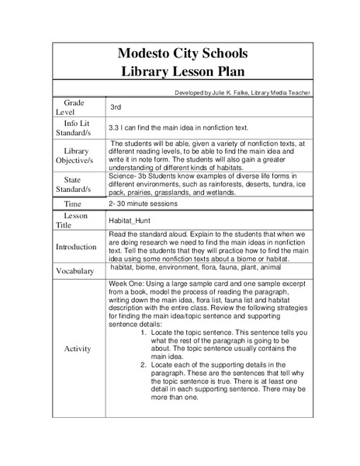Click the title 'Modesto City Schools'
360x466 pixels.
(182, 54)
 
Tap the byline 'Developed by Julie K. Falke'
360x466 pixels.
(244, 92)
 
